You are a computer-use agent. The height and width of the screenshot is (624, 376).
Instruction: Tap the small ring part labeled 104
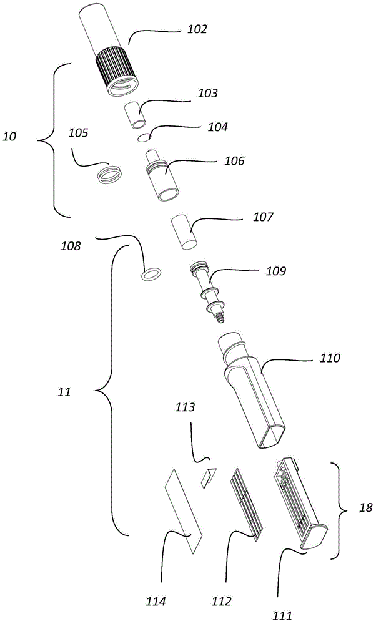tap(144, 137)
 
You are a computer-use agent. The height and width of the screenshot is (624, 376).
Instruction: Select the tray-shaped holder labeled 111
tap(300, 505)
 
